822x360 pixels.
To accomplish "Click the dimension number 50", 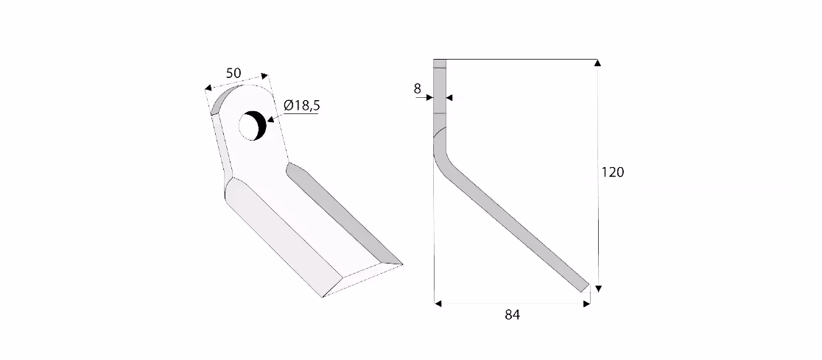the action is [233, 74].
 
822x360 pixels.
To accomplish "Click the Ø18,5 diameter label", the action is [301, 105].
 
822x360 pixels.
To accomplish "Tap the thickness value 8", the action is [418, 88].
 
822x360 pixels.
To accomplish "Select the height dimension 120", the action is [612, 172].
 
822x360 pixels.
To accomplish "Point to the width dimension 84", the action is [512, 314].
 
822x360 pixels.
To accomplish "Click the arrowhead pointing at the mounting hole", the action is [270, 119].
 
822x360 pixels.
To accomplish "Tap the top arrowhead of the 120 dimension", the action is [597, 63].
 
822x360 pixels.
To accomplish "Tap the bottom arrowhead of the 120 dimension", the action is [598, 288].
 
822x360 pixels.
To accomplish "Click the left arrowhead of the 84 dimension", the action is [438, 303].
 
